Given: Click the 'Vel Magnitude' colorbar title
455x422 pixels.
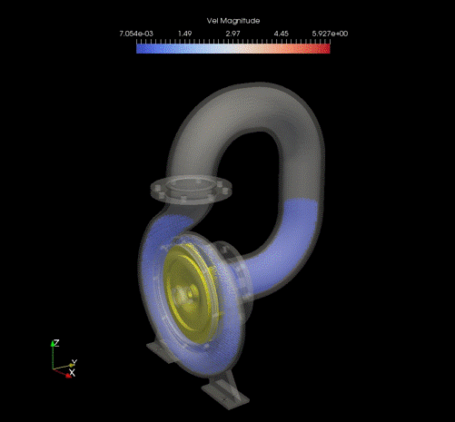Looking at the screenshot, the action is click(233, 21).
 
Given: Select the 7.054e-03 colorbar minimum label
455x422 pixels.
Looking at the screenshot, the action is click(136, 34).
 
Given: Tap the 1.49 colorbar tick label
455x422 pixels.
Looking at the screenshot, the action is click(184, 34).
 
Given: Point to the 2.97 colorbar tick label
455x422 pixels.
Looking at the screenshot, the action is click(232, 34).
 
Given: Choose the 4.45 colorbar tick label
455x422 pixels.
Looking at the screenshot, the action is click(282, 34).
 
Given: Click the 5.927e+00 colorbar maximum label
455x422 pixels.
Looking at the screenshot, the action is click(330, 34).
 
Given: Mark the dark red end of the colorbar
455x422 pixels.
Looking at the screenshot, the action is click(328, 49).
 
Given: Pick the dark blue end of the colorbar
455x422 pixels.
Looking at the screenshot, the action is click(139, 49).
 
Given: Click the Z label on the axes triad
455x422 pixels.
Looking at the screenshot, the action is click(56, 343).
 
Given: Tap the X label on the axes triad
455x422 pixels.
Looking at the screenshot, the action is click(72, 373).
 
